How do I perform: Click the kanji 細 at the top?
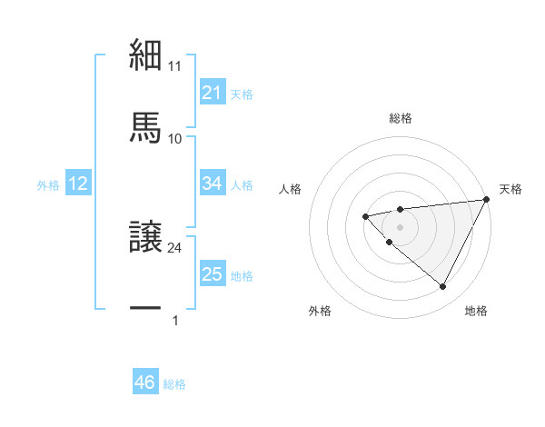coord(145,55)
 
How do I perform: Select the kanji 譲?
coord(145,238)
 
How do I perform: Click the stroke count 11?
coord(175,66)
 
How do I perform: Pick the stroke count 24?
coord(175,247)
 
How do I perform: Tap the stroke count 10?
coord(175,138)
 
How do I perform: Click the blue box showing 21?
coord(213,92)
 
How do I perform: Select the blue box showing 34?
coord(213,184)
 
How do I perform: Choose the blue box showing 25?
coord(213,274)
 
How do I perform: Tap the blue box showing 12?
coord(78,184)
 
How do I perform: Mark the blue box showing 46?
coord(145,382)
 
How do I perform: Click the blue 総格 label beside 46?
coord(174,384)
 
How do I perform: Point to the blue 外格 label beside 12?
coord(48,185)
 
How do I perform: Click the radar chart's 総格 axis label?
coord(401,118)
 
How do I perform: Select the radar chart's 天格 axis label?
coord(510,189)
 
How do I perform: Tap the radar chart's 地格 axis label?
coord(476,311)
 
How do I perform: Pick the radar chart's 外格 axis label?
coord(320,311)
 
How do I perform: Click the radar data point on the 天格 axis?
coord(486,199)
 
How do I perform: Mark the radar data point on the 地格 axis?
coord(443,287)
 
